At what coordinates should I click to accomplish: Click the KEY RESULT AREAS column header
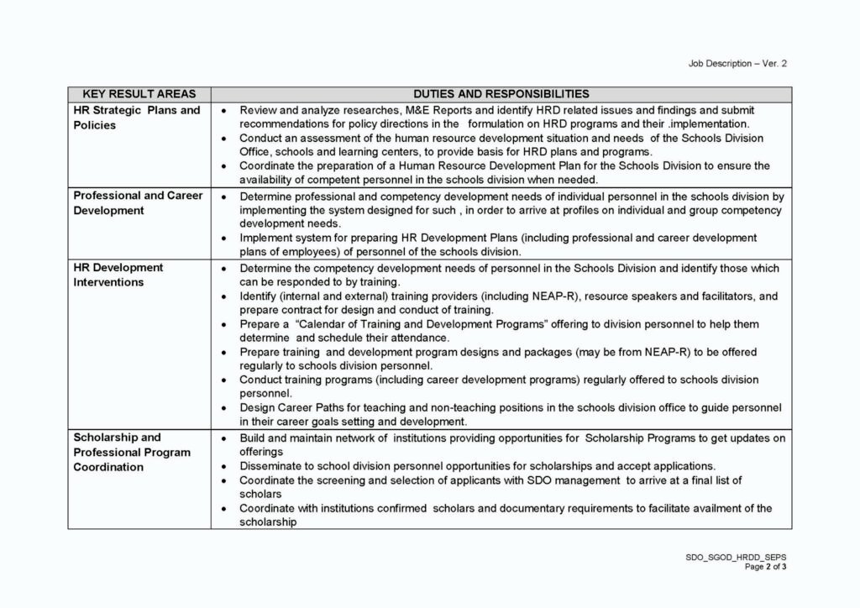click(x=139, y=94)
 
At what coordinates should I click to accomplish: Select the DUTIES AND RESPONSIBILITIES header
click(x=501, y=94)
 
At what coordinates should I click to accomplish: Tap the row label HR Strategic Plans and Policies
click(x=137, y=118)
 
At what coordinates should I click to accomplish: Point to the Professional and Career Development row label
click(x=138, y=202)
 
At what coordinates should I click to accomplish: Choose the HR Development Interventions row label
click(x=118, y=275)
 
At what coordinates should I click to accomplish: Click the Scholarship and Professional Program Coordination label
click(x=132, y=452)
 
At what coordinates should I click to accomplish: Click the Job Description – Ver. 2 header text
click(x=737, y=63)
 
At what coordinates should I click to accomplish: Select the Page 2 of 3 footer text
click(x=765, y=567)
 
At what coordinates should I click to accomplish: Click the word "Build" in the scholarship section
click(x=253, y=438)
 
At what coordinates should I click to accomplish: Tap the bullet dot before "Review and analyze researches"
click(x=223, y=111)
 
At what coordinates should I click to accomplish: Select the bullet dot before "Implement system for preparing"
click(x=223, y=238)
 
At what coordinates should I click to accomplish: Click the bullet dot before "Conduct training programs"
click(x=223, y=380)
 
